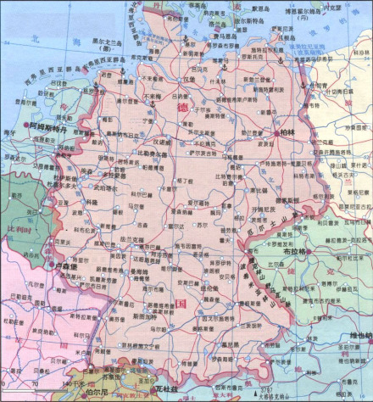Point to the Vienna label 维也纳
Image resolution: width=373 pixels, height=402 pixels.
pyautogui.click(x=355, y=337)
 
